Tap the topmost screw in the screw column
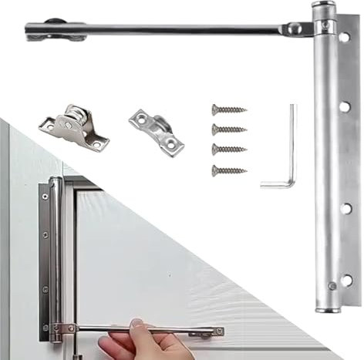[x=229, y=111]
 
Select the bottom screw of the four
[x=229, y=170]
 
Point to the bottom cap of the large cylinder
[x=328, y=306]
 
